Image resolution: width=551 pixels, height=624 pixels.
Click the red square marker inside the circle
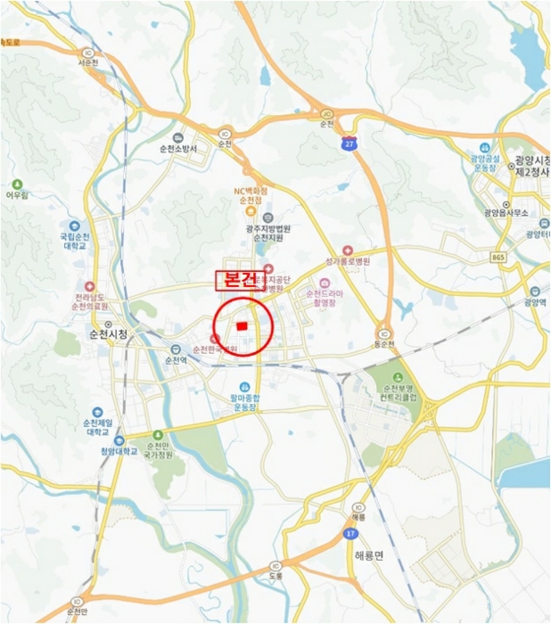coord(242,326)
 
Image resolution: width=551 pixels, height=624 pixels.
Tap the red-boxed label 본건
coord(235,279)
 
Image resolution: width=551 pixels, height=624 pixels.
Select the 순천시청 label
coord(108,335)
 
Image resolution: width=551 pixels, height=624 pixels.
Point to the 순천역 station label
coord(177,360)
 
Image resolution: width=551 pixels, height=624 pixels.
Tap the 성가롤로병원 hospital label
coord(348,262)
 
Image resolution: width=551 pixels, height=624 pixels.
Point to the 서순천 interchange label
coord(87,64)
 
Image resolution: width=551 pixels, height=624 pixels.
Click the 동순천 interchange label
coord(383,342)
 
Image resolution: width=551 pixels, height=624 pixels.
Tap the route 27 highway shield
coord(353,142)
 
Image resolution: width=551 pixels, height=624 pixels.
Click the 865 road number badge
coord(498,257)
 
